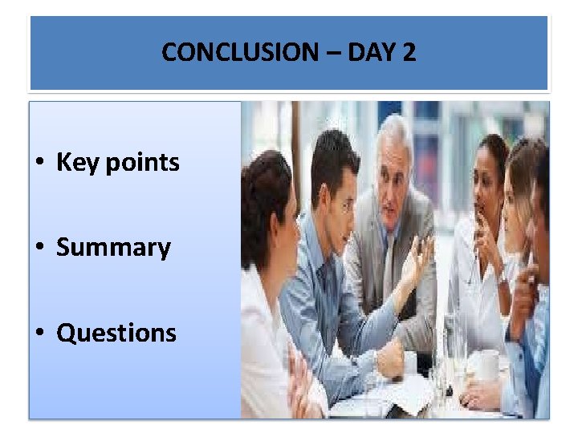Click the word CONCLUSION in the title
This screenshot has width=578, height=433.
click(227, 53)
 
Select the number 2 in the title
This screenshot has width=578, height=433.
click(409, 53)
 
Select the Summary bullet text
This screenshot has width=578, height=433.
click(113, 248)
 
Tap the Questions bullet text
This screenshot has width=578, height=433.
click(116, 332)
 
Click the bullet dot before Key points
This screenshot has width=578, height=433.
click(39, 164)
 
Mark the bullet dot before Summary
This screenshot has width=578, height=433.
click(39, 248)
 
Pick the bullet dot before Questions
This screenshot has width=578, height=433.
click(39, 332)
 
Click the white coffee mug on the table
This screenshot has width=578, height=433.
click(487, 365)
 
